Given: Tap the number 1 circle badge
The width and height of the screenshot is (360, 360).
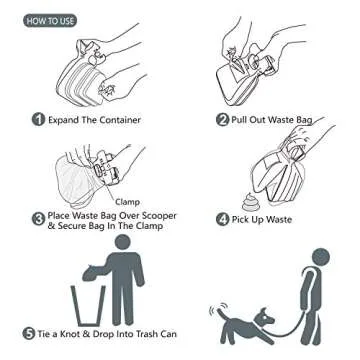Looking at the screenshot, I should coord(38,119).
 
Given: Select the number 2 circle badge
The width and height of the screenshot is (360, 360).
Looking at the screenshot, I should coord(222,119).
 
